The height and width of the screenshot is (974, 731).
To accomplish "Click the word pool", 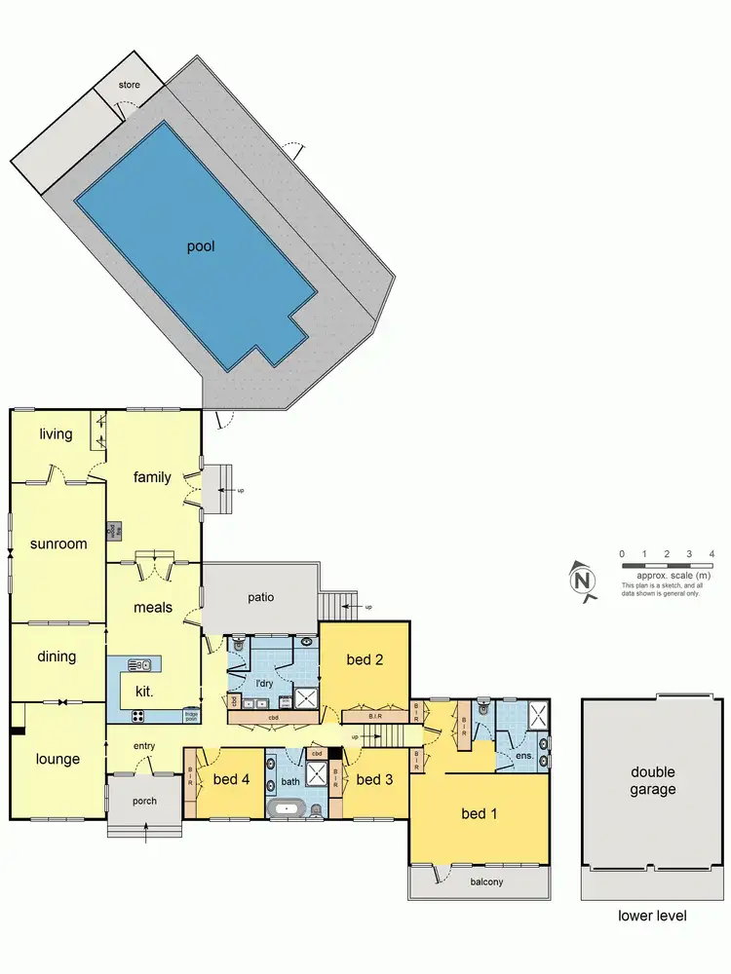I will [x=201, y=246].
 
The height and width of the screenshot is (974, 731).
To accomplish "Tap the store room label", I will [x=130, y=86].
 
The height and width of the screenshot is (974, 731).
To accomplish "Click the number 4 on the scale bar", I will [x=712, y=554].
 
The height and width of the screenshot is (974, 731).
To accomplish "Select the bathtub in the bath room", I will [x=288, y=808].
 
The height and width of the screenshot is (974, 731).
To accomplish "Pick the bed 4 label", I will [x=231, y=779].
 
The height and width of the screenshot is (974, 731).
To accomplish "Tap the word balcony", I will [x=479, y=882].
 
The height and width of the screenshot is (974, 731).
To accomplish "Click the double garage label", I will [x=652, y=781].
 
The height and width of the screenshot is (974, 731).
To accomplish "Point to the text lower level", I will [x=652, y=916].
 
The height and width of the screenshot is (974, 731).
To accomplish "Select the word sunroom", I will [x=58, y=543].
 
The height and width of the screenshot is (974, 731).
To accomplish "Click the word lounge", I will [x=58, y=760].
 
